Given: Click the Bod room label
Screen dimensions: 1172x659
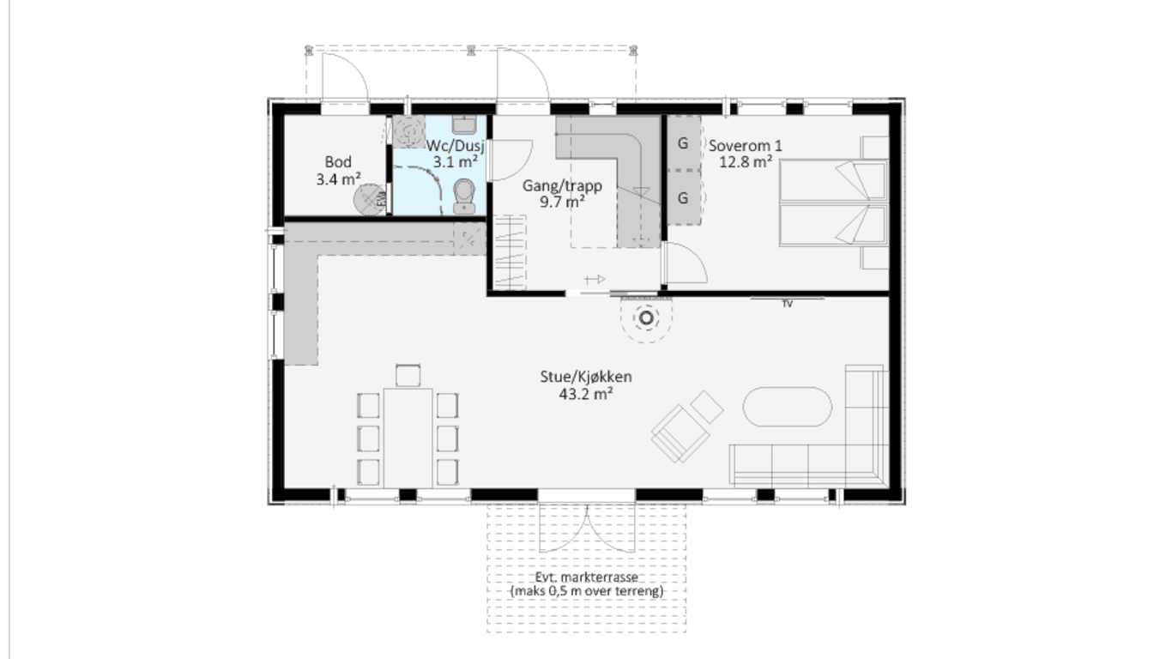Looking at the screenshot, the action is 338,161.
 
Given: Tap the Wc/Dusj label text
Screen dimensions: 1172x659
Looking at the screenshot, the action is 456,146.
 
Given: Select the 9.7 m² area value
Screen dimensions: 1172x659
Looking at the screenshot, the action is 562,202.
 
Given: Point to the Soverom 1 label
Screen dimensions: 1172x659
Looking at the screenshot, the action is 746,146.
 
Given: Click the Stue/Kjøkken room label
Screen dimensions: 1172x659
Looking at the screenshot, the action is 586,377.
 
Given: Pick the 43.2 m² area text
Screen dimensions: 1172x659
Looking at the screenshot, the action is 586,394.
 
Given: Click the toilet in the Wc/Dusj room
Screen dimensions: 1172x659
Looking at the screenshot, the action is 463,196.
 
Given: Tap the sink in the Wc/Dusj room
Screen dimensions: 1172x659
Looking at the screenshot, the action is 463,125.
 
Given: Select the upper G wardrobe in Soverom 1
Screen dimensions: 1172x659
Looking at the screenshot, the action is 683,143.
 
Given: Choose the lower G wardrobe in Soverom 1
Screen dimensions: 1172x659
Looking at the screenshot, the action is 683,198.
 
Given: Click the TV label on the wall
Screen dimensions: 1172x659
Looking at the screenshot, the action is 787,304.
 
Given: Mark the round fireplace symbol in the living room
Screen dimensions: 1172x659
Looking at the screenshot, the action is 646,317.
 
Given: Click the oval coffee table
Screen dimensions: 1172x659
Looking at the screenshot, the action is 787,407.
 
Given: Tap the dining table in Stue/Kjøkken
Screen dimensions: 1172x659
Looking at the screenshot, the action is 408,438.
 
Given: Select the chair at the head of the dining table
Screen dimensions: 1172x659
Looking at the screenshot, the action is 408,375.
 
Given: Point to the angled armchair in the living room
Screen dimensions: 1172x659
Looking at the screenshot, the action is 680,433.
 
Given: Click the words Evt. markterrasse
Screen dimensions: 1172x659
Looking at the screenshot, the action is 586,577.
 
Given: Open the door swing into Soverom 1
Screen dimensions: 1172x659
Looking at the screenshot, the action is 685,263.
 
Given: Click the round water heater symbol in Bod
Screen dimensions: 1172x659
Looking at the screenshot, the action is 370,199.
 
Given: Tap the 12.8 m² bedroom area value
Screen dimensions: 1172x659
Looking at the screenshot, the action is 746,161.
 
